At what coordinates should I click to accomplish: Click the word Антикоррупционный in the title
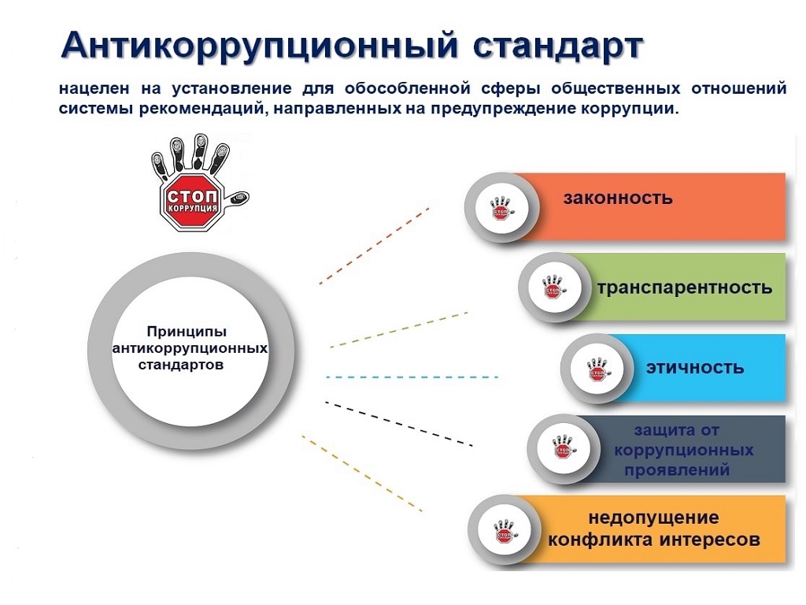pos(259,46)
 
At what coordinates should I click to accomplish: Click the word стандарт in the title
pos(558,46)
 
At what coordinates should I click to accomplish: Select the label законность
pos(618,198)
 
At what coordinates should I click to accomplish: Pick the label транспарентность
pos(685,287)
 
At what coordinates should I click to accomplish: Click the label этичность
pos(695,368)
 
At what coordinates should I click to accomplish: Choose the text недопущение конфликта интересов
pos(654,529)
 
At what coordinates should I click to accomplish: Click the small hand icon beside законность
pos(501,208)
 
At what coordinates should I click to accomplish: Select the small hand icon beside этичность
pos(598,369)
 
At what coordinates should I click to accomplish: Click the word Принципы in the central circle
pos(187,332)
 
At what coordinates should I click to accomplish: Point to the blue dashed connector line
pos(412,377)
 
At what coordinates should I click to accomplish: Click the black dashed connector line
pos(399,423)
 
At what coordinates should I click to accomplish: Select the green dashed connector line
pos(399,330)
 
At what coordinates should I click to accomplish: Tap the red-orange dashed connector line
pos(374,246)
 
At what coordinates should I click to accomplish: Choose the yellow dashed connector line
pos(362,473)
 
